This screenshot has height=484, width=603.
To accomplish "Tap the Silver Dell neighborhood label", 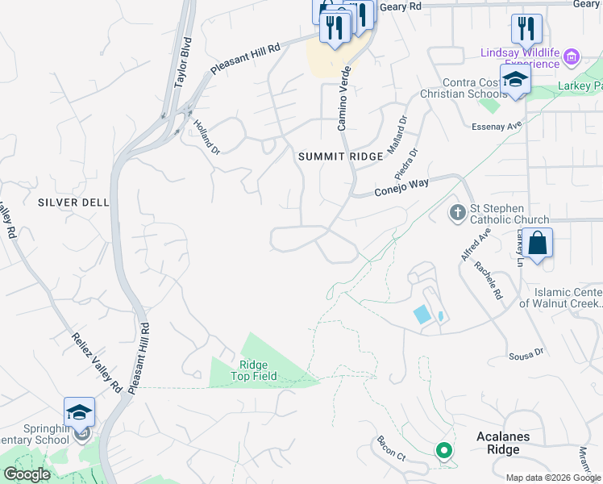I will click(x=73, y=202).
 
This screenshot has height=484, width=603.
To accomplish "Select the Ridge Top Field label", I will click(x=254, y=371).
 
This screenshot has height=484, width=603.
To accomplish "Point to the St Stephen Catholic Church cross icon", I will click(x=457, y=213).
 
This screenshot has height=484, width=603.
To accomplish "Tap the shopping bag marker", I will click(x=538, y=242).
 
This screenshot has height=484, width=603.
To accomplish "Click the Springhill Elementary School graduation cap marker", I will click(x=80, y=413).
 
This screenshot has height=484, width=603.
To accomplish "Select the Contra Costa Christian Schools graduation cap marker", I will click(x=515, y=80).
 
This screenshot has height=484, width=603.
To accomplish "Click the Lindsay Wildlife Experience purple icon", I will click(x=572, y=56).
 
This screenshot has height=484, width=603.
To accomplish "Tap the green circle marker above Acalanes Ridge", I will click(x=442, y=451).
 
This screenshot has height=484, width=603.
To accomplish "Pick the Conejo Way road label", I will click(x=401, y=188).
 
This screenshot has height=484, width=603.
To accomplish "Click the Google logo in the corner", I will click(x=27, y=474).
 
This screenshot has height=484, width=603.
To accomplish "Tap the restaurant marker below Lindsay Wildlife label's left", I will click(x=526, y=29).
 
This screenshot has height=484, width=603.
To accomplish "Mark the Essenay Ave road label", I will click(x=497, y=125).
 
